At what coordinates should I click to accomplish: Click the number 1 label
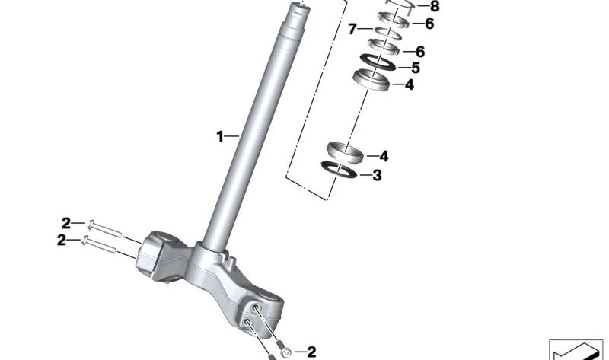(220, 137)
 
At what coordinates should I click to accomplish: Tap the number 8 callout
(435, 7)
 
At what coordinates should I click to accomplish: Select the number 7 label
(352, 29)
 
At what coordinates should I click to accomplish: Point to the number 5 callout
(416, 68)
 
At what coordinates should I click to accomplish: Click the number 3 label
(377, 176)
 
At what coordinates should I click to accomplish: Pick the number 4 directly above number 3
(384, 156)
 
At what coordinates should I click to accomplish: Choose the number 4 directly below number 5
(410, 84)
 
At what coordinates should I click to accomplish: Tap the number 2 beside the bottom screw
(311, 352)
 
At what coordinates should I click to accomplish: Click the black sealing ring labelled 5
(378, 62)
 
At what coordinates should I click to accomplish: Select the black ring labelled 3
(339, 170)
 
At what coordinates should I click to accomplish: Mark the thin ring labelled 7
(388, 33)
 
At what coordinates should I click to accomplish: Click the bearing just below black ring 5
(371, 80)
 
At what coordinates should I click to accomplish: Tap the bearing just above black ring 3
(345, 153)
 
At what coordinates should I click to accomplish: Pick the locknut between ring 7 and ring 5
(384, 47)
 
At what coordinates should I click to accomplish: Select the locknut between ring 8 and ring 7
(394, 21)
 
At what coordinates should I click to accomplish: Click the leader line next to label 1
(232, 136)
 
